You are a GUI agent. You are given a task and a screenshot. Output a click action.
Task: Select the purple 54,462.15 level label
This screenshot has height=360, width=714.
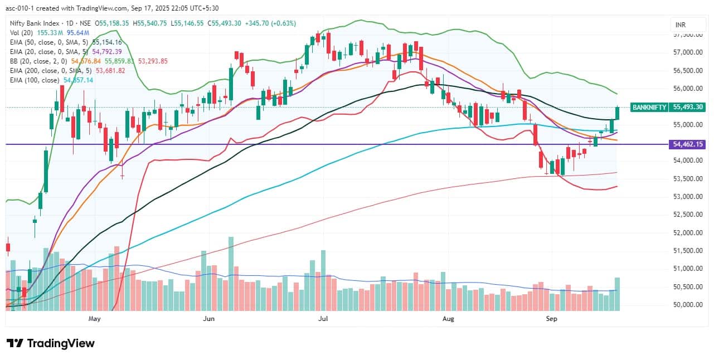(x=689, y=144)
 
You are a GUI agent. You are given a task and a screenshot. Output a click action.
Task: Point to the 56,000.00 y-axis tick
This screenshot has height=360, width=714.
(x=688, y=89)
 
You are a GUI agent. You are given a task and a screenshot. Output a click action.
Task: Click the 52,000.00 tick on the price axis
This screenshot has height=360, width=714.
(x=688, y=233)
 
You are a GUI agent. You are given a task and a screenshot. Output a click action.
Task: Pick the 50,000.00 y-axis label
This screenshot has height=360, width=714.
(x=688, y=305)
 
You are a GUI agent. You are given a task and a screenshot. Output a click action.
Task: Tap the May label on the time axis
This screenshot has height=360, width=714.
(x=94, y=319)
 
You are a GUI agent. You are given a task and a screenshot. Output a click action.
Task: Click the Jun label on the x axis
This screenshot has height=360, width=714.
(x=208, y=319)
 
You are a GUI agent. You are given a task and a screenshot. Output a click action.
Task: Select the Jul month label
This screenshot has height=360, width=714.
(x=323, y=319)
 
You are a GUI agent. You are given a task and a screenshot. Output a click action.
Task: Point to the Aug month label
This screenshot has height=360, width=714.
(x=449, y=319)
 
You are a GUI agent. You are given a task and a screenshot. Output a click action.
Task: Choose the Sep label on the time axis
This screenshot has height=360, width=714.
(x=551, y=319)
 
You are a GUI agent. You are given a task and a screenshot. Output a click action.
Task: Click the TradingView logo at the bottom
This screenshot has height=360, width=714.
(x=50, y=343)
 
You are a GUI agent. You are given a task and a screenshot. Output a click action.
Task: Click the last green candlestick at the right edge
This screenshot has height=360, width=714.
(x=618, y=113)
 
